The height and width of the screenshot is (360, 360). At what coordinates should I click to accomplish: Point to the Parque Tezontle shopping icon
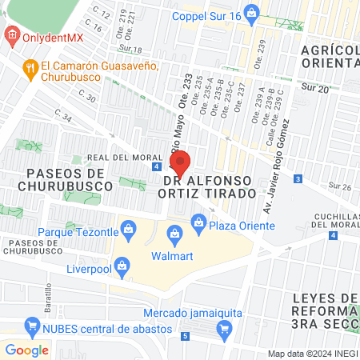129,234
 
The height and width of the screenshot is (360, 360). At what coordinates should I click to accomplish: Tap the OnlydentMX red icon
12,35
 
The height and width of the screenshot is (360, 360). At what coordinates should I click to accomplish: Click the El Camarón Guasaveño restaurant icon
30,66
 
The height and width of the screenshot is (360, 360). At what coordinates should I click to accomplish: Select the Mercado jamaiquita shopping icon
225,328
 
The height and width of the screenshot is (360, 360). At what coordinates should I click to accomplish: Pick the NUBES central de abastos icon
33,326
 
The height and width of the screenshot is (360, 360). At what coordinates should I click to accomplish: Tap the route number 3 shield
298,178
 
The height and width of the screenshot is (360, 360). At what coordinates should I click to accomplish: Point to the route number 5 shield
185,335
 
